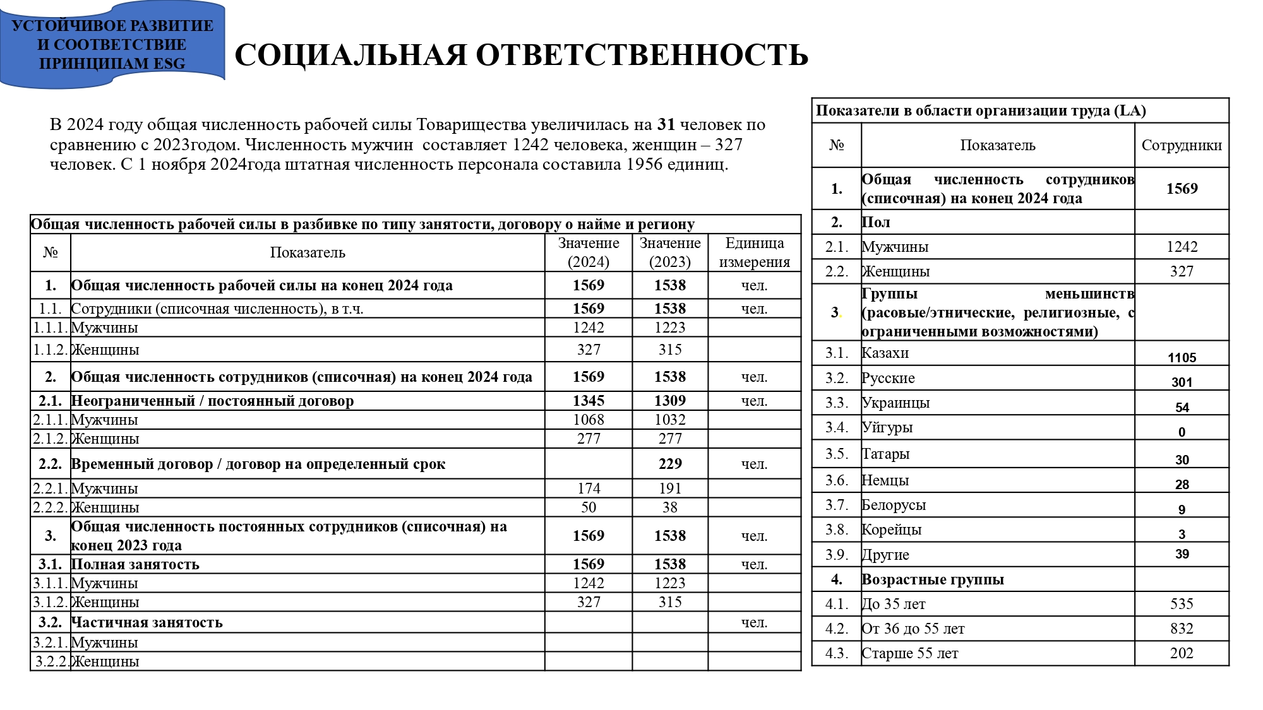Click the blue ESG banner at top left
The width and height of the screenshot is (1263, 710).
[x=112, y=44]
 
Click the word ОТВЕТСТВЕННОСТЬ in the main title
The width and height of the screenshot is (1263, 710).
[x=642, y=56]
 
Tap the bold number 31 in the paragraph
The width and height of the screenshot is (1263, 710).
[x=666, y=125]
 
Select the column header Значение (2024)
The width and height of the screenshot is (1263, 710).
[x=588, y=252]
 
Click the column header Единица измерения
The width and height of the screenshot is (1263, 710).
[x=754, y=252]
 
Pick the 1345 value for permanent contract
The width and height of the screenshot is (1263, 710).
[x=588, y=401]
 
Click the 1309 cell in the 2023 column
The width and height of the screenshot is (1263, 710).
[x=669, y=401]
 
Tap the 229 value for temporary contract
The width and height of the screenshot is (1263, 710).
[x=669, y=464]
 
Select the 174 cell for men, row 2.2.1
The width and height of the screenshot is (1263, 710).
[x=588, y=488]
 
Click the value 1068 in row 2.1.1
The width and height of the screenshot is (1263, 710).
[x=588, y=420]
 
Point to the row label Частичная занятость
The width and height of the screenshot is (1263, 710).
[x=147, y=623]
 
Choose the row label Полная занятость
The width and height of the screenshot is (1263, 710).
[x=135, y=565]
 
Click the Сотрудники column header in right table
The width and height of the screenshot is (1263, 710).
[x=1181, y=146]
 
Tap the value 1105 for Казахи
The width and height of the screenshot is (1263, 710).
[x=1181, y=358]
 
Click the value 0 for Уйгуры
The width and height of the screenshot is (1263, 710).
[x=1181, y=432]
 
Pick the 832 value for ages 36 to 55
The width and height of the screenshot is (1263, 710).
[x=1181, y=629]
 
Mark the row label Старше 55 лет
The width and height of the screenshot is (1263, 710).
[x=909, y=654]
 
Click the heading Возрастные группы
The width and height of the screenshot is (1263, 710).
[x=932, y=579]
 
